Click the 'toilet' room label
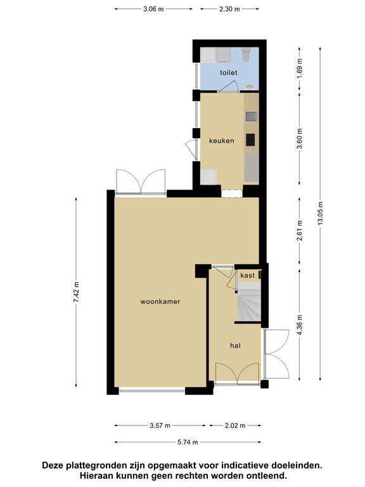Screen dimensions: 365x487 (x=228, y=73)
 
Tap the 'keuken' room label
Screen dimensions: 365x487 (x=222, y=141)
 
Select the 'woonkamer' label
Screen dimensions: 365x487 (x=160, y=301)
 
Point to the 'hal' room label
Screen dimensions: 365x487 (x=235, y=346)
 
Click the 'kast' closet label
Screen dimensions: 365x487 (x=247, y=275)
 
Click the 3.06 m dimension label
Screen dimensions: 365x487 (x=153, y=9)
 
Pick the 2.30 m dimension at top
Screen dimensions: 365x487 (x=229, y=9)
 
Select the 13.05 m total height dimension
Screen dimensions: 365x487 (x=320, y=214)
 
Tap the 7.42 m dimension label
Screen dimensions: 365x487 (x=76, y=292)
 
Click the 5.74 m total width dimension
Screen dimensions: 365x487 (x=188, y=442)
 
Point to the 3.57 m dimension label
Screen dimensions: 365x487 (x=160, y=425)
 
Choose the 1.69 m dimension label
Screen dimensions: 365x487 (x=300, y=68)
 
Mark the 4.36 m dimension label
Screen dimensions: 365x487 (x=300, y=325)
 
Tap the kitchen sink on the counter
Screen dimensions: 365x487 (x=251, y=117)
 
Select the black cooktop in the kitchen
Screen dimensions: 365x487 (x=250, y=140)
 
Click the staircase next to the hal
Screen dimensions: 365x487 (x=248, y=306)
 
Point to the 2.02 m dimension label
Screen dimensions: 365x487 (x=235, y=425)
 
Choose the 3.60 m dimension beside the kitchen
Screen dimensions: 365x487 (x=300, y=138)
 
